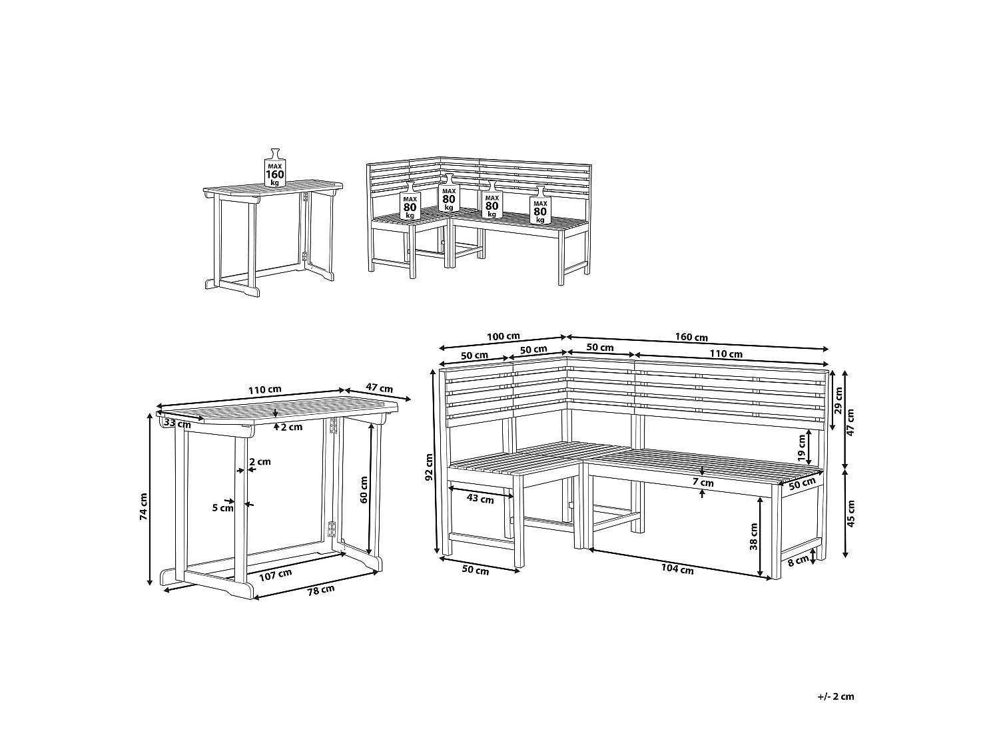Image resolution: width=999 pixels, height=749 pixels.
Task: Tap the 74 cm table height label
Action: pyautogui.click(x=144, y=505)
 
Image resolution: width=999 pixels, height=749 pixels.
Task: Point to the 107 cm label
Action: pyautogui.click(x=275, y=574)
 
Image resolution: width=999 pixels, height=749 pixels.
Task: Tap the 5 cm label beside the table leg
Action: pyautogui.click(x=222, y=508)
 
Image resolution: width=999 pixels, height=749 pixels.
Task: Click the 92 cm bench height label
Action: pyautogui.click(x=430, y=467)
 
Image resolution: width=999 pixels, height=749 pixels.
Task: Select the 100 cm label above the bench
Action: pyautogui.click(x=503, y=337)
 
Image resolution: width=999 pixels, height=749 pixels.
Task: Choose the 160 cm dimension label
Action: pyautogui.click(x=692, y=337)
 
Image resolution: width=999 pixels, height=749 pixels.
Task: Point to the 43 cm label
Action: pyautogui.click(x=480, y=499)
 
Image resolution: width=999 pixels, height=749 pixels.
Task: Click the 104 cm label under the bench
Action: pyautogui.click(x=678, y=569)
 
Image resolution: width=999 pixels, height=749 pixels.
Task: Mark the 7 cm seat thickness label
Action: pyautogui.click(x=703, y=483)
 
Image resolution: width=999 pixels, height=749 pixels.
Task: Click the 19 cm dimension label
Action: pyautogui.click(x=802, y=448)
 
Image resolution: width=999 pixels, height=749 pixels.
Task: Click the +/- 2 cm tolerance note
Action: pyautogui.click(x=835, y=696)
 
